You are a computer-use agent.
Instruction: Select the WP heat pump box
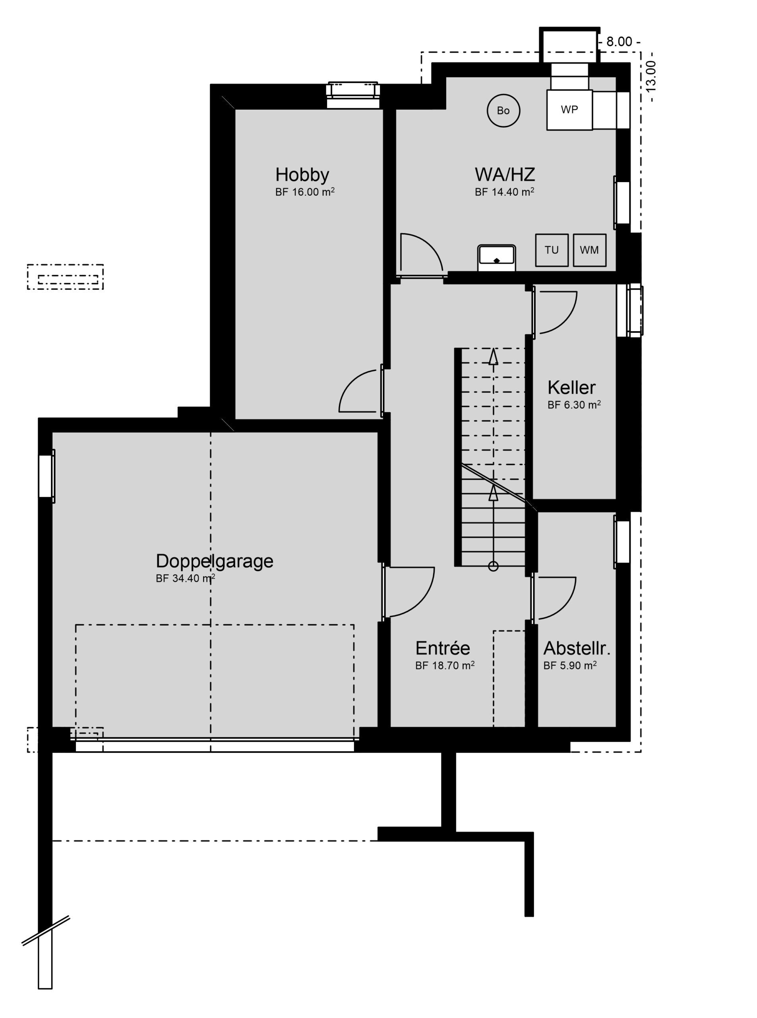[x=569, y=110]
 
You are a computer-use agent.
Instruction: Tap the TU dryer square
[x=552, y=250]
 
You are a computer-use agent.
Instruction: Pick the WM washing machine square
[x=589, y=250]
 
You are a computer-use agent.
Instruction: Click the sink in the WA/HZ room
[x=497, y=258]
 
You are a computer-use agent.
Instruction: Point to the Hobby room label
[x=302, y=175]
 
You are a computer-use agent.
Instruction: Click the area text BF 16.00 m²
[x=305, y=192]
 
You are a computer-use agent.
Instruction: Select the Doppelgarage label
[x=215, y=561]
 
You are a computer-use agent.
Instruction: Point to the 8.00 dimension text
[x=619, y=42]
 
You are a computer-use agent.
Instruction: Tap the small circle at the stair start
[x=493, y=566]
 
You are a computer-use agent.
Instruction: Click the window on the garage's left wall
[x=46, y=476]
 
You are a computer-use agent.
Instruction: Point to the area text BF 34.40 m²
[x=186, y=578]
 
